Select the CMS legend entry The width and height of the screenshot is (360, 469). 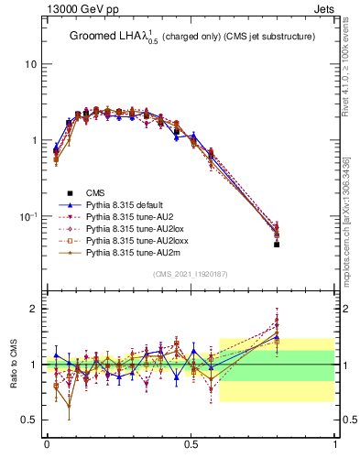click(x=95, y=192)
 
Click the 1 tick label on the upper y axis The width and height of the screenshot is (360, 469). click(x=33, y=140)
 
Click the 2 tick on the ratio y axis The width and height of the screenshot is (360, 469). click(x=33, y=309)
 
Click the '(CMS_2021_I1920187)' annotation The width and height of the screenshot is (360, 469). click(x=191, y=274)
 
